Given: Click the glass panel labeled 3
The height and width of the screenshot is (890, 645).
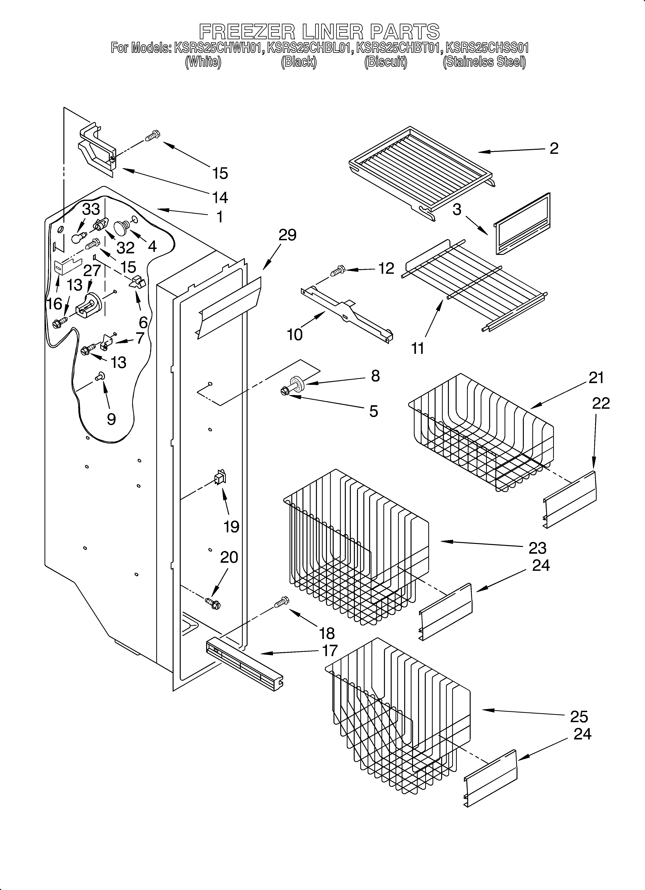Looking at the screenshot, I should click(522, 224).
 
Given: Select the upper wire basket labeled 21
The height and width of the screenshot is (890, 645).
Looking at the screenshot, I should click(481, 432).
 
